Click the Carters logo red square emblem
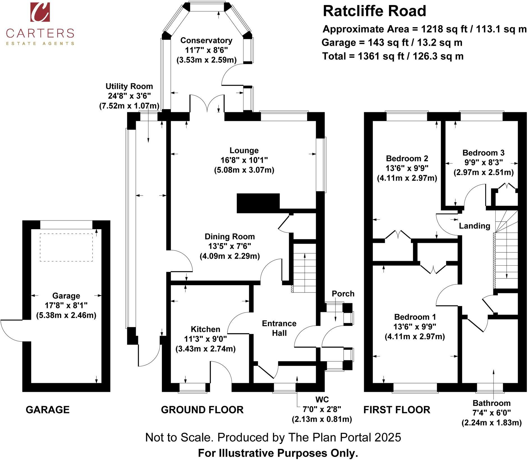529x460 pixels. pos(40,12)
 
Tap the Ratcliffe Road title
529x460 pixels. pos(374,11)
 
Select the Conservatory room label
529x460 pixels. pos(206,40)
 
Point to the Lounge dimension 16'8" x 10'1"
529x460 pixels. pos(244,160)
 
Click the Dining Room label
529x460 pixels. pos(229,236)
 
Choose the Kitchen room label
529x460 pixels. pos(205,329)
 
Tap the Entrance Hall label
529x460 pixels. pos(279,328)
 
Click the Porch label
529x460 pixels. pos(343,294)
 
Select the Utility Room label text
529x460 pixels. pos(129,86)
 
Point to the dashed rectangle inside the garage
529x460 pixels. pos(66,247)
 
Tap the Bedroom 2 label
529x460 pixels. pos(407,158)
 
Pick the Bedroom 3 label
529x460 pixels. pos(483,153)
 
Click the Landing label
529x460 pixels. pos(474,226)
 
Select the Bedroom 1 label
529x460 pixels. pos(415,317)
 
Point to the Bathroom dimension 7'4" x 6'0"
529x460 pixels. pos(491,413)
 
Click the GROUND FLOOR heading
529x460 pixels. pos(202,410)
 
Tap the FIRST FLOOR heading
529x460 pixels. pos(397,410)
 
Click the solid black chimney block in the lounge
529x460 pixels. pos(258,203)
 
